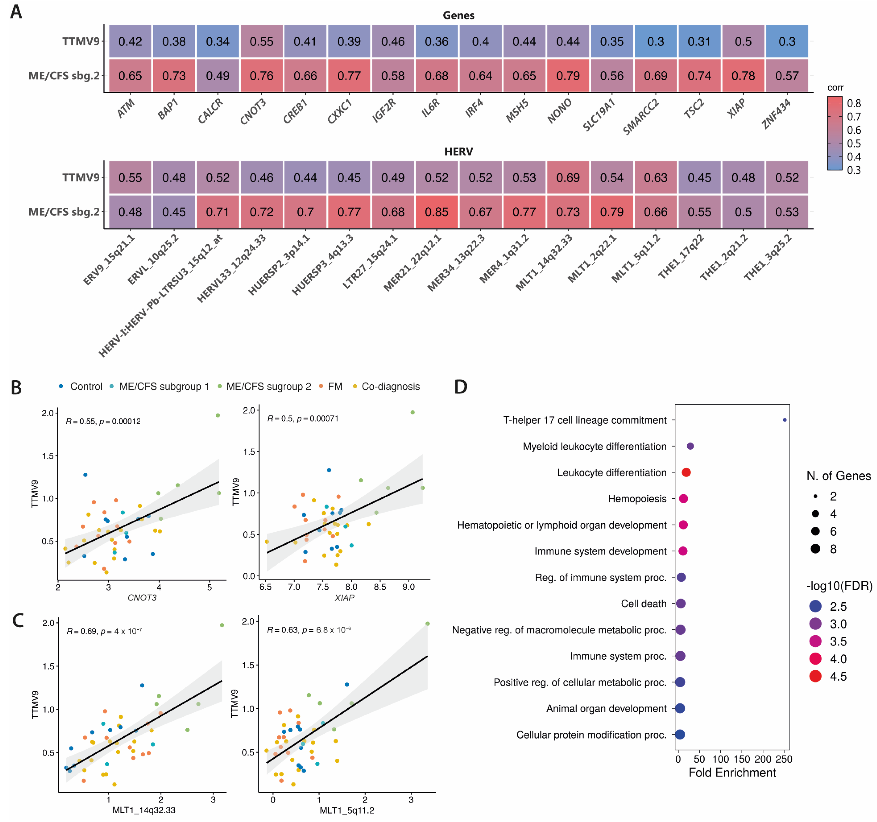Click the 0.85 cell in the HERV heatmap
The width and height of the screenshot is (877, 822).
point(436,212)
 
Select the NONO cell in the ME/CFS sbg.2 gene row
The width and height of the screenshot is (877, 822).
point(568,76)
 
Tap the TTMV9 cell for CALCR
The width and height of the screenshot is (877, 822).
point(218,41)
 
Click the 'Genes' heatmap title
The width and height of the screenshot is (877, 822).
point(458,15)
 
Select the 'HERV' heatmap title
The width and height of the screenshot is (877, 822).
point(458,152)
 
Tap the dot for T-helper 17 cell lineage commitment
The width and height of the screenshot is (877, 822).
point(784,420)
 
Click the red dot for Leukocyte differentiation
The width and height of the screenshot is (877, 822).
point(686,472)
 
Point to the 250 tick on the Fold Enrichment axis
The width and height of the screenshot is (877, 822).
point(784,759)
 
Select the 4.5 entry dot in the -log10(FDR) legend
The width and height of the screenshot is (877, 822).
point(815,676)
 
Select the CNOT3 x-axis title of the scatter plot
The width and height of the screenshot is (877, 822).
point(142,598)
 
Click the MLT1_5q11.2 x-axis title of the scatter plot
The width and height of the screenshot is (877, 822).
point(347,810)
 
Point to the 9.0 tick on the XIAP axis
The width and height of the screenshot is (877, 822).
point(408,587)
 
